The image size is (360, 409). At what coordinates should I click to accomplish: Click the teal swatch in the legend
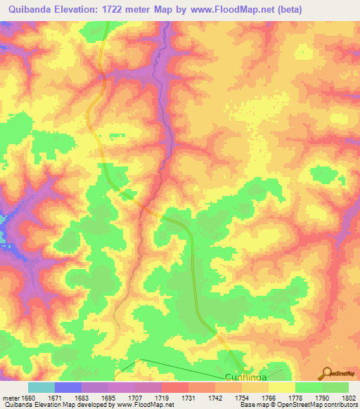pos(41,387)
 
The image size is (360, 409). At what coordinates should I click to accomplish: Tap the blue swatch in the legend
pos(68,387)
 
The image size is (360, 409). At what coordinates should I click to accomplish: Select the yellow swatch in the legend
pos(281,387)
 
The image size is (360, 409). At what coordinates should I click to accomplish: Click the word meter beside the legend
pos(11,397)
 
